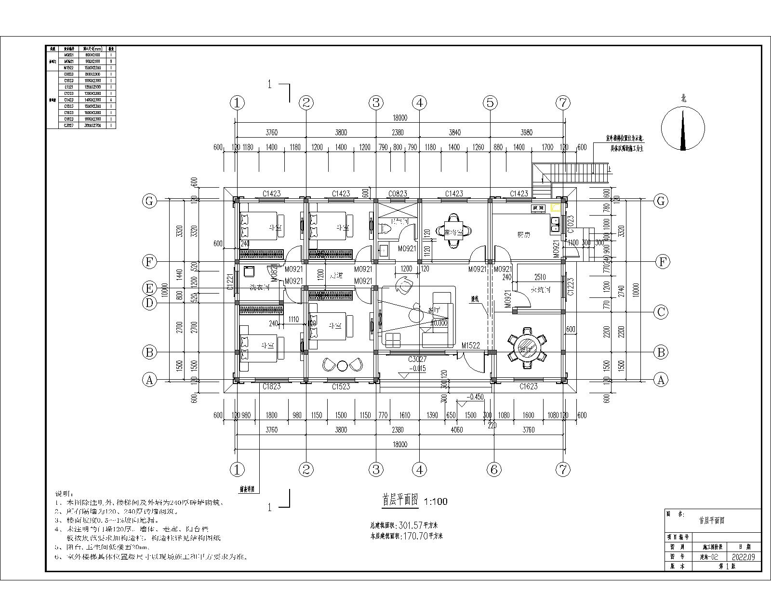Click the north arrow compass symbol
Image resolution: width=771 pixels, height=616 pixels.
tap(683, 128)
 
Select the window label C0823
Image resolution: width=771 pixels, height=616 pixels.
tap(398, 193)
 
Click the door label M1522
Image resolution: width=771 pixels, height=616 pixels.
tap(470, 346)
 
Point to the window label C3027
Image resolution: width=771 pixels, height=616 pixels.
tap(417, 359)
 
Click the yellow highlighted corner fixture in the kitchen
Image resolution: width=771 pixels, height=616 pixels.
tap(556, 207)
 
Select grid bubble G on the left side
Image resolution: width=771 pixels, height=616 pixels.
tap(149, 201)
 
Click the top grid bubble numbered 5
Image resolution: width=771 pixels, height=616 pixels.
tap(490, 103)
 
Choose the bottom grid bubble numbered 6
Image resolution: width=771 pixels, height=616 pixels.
tap(493, 469)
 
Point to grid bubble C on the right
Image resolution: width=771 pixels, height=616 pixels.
tap(661, 312)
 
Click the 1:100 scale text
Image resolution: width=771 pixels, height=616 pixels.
tap(435, 501)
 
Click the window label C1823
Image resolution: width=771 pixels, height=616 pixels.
tap(272, 386)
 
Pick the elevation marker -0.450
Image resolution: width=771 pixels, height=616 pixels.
tap(476, 397)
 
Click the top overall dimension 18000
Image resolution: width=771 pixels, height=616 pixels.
tap(399, 117)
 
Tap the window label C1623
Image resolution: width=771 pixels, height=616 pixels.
tap(528, 386)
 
